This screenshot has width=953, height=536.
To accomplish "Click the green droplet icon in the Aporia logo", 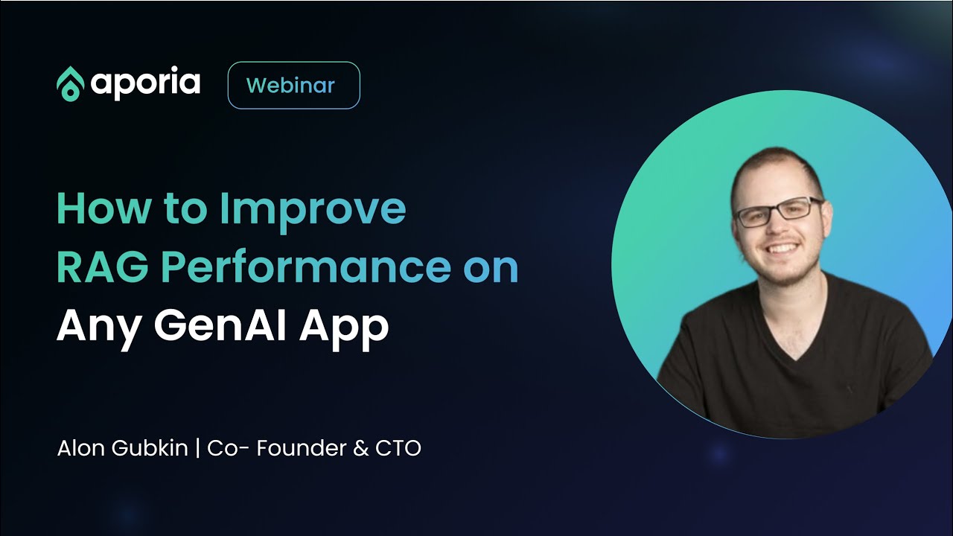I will coord(70,83).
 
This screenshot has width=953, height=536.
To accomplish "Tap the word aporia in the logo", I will coord(145,83).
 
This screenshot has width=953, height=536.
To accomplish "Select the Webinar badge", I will coord(293,86).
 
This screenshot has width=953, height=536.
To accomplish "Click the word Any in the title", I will coord(96,327).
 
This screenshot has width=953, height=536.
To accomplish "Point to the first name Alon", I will coord(82,449).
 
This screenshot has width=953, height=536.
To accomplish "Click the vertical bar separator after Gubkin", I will coord(197,449).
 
